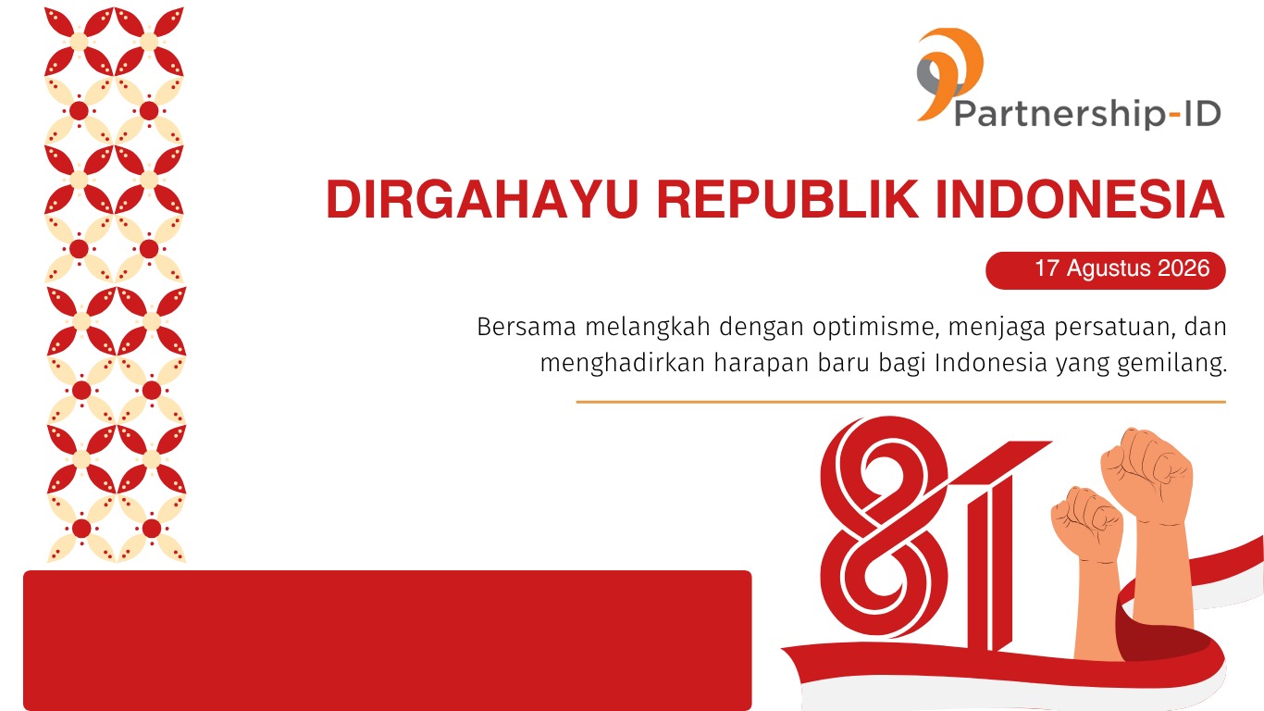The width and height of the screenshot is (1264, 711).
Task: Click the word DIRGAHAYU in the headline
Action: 482,199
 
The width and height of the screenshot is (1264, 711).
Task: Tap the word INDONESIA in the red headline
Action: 1080,199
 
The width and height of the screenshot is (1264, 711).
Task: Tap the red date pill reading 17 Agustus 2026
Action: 1106,270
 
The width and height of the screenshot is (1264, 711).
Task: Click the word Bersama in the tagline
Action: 526,327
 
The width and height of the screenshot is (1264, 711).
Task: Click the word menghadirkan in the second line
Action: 623,363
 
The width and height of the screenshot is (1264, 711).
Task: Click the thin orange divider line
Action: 900,402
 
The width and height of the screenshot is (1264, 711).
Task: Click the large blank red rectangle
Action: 387,641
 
